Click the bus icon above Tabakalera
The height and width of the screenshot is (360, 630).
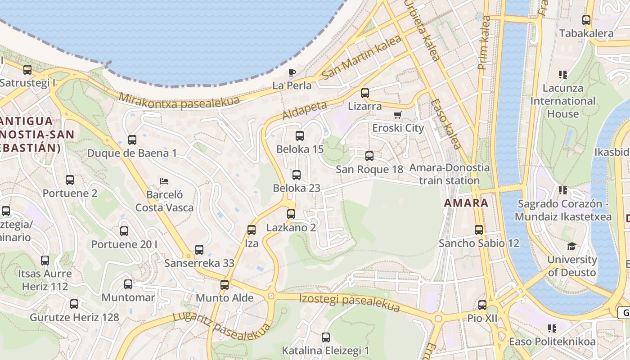586,20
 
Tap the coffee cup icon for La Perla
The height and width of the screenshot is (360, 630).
292,72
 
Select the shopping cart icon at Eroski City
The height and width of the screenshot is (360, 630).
397,115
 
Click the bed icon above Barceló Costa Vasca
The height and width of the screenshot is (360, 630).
164,181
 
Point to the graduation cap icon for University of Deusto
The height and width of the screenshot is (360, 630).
571,246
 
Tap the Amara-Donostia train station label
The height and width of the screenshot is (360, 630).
449,174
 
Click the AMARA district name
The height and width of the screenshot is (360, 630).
466,202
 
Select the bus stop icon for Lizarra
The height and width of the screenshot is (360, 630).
365,93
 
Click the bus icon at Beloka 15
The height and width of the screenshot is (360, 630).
300,135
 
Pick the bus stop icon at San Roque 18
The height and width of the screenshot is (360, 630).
369,156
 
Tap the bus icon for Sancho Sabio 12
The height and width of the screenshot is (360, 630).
479,230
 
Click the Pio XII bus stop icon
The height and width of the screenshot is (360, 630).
482,305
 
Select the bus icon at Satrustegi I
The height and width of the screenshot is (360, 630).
27,70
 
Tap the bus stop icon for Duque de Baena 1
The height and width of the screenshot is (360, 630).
132,140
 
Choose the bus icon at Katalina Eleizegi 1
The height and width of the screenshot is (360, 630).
326,337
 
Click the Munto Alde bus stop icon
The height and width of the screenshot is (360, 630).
225,285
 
